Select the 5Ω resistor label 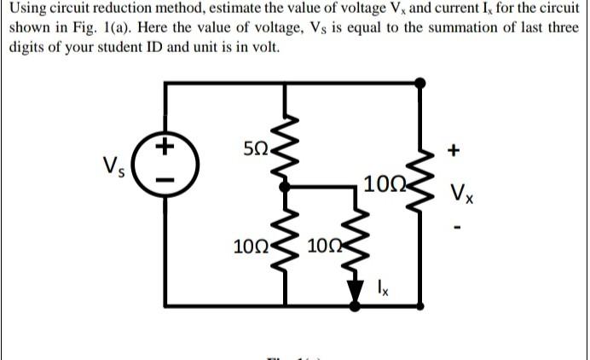(x=255, y=152)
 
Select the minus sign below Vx (x=458, y=227)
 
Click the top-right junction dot (x=419, y=83)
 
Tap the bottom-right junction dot (x=419, y=301)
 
